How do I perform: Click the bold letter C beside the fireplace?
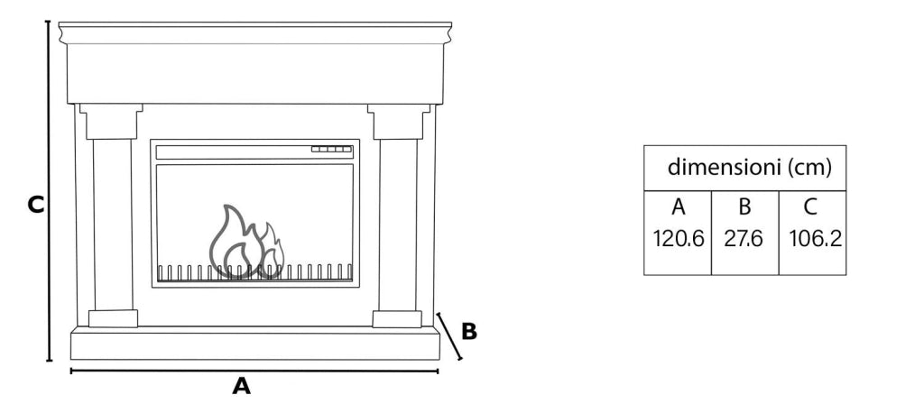point(36,205)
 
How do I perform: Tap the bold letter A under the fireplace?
point(242,386)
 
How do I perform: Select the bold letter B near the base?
point(469,332)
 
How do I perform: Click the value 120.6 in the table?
point(679,239)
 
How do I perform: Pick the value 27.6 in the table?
point(744,239)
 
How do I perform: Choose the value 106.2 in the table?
point(816,239)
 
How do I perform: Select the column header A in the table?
point(679,207)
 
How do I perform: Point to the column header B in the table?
point(744,207)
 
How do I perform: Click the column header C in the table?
point(811,207)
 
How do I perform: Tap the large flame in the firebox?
point(235,242)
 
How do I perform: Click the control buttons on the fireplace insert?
point(331,149)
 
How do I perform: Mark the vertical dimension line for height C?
point(49,191)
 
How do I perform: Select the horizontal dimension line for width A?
point(254,372)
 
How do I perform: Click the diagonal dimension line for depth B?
point(449,336)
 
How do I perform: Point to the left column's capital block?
point(111,122)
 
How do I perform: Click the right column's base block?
point(397,318)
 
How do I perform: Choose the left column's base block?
point(113,318)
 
